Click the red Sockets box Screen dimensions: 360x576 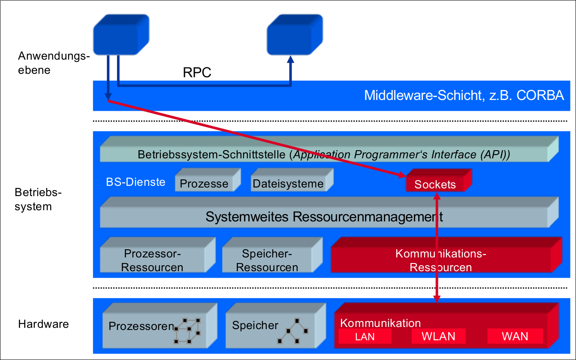435,184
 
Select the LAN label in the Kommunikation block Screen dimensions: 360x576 365,337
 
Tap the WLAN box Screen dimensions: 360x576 438,336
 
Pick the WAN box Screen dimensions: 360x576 515,336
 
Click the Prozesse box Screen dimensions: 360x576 204,184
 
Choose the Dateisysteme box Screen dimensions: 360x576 288,184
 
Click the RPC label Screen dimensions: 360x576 197,73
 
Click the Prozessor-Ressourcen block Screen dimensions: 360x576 153,260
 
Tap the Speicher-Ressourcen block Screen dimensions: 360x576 267,260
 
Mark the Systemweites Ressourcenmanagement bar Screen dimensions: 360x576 324,216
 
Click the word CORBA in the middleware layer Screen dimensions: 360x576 540,95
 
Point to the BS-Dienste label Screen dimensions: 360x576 136,182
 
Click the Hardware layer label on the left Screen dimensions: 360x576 43,324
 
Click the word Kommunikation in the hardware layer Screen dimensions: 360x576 380,323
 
